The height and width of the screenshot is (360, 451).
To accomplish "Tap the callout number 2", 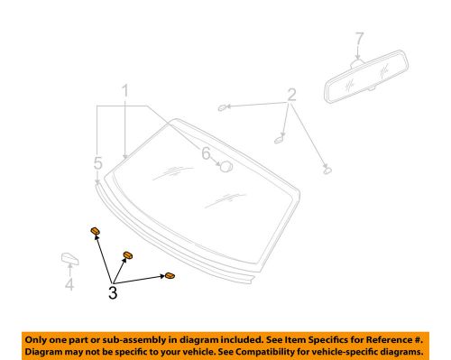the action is pos(291,96).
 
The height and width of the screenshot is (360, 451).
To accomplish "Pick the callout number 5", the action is pos(97,162).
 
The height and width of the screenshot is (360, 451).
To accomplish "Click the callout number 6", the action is pos(207,155).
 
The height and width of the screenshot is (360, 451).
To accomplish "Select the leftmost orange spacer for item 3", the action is pos(94,233).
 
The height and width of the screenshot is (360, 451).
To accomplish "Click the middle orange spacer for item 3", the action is pos(126,255).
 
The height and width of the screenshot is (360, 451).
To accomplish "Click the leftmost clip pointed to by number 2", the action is pos(222,107).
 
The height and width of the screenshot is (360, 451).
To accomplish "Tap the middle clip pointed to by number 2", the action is pos(280,138).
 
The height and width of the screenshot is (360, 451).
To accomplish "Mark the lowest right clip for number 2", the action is pos(326,169).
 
